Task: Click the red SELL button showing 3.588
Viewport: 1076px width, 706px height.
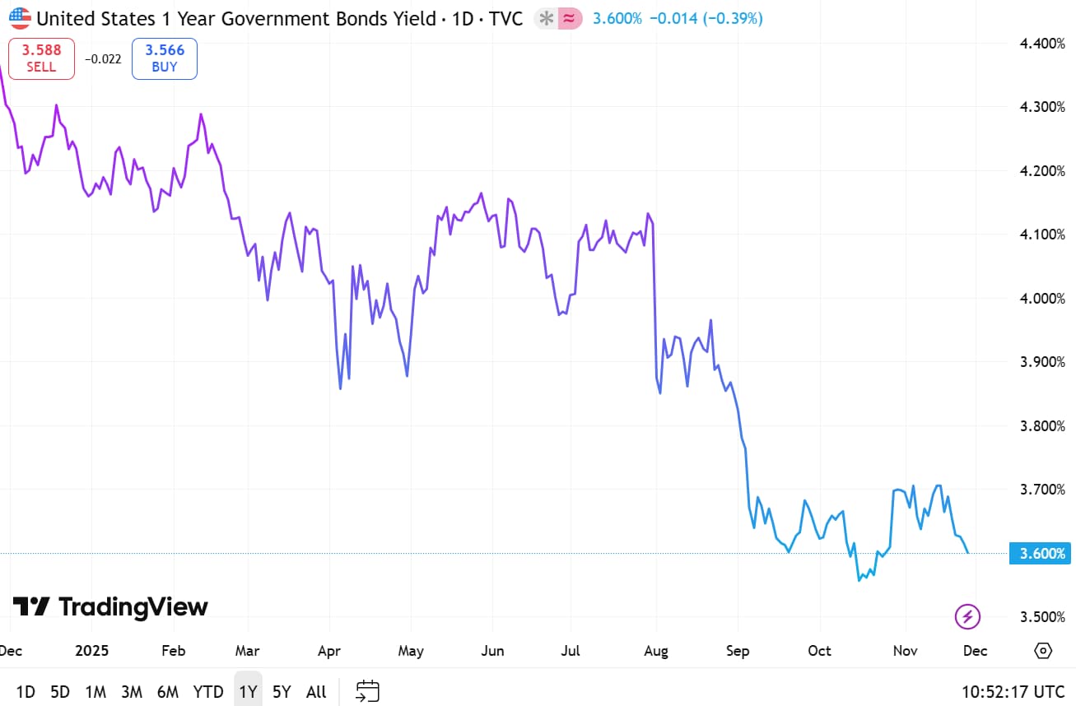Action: coord(41,58)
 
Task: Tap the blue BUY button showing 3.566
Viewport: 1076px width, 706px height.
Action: coord(165,58)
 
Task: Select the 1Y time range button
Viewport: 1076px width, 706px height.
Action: coord(248,692)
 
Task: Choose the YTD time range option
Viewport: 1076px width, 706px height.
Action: coord(208,692)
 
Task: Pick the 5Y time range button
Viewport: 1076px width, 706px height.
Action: coord(282,692)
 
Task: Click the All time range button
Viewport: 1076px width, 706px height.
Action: coord(316,692)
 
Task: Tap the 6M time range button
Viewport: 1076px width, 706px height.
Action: coord(168,692)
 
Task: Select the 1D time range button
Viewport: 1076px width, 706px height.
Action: coord(26,692)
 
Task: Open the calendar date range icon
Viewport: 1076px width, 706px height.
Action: coord(367,691)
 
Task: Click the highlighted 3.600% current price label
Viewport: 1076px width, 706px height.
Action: coord(1041,554)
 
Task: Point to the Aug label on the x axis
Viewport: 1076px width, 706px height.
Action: coord(656,651)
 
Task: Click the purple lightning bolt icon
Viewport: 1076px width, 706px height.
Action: coord(967,615)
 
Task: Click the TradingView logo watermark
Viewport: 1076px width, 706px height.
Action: coord(110,607)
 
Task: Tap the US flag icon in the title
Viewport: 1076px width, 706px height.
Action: coord(20,18)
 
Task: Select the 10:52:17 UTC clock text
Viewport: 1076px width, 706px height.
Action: coord(1013,692)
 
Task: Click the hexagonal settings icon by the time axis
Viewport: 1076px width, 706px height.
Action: coord(1043,651)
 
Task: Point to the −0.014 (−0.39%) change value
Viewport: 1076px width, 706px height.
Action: coord(706,18)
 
